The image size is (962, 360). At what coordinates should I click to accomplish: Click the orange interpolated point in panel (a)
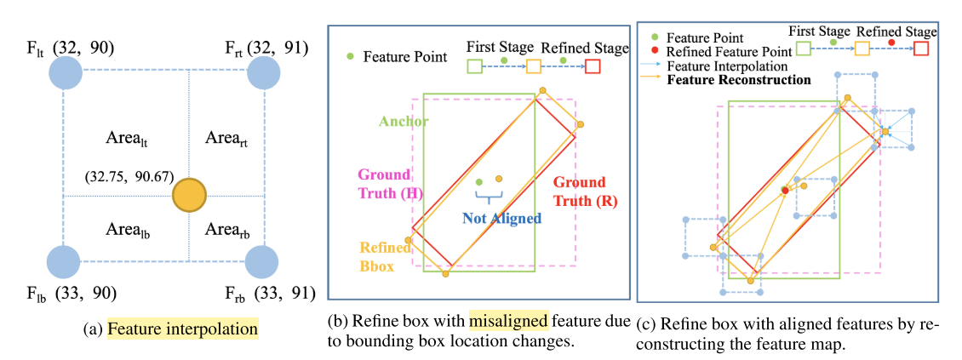coord(189,196)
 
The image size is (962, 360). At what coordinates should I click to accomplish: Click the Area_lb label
coord(128,230)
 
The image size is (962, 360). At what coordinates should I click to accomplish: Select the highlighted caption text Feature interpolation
coord(182,328)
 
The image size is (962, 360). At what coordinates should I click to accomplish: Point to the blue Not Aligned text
coord(501,218)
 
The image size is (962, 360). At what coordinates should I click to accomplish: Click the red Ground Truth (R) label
coord(579,192)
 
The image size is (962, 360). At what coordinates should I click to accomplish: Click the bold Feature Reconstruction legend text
coord(739,80)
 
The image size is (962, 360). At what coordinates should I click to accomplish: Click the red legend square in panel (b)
coord(593,65)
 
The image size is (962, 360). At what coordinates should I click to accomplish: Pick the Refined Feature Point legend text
coord(730,52)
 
